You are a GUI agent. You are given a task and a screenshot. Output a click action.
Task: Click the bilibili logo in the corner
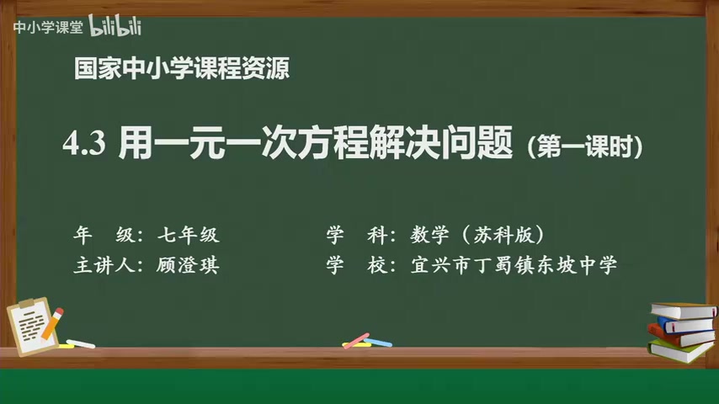coord(115,27)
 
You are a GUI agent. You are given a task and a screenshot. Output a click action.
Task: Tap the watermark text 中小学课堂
coord(47,28)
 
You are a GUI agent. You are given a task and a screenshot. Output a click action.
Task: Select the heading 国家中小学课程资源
coord(181,70)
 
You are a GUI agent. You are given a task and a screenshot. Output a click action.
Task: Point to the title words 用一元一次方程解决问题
coord(317,145)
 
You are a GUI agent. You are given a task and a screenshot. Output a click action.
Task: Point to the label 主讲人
coord(100,266)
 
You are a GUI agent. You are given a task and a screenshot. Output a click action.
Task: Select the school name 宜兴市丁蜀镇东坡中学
coord(514,266)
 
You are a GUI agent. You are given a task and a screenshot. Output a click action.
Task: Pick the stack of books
coord(680,330)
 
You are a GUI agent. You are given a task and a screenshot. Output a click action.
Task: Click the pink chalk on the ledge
coord(356,340)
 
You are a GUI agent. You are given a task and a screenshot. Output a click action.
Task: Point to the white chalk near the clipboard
coord(80,343)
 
